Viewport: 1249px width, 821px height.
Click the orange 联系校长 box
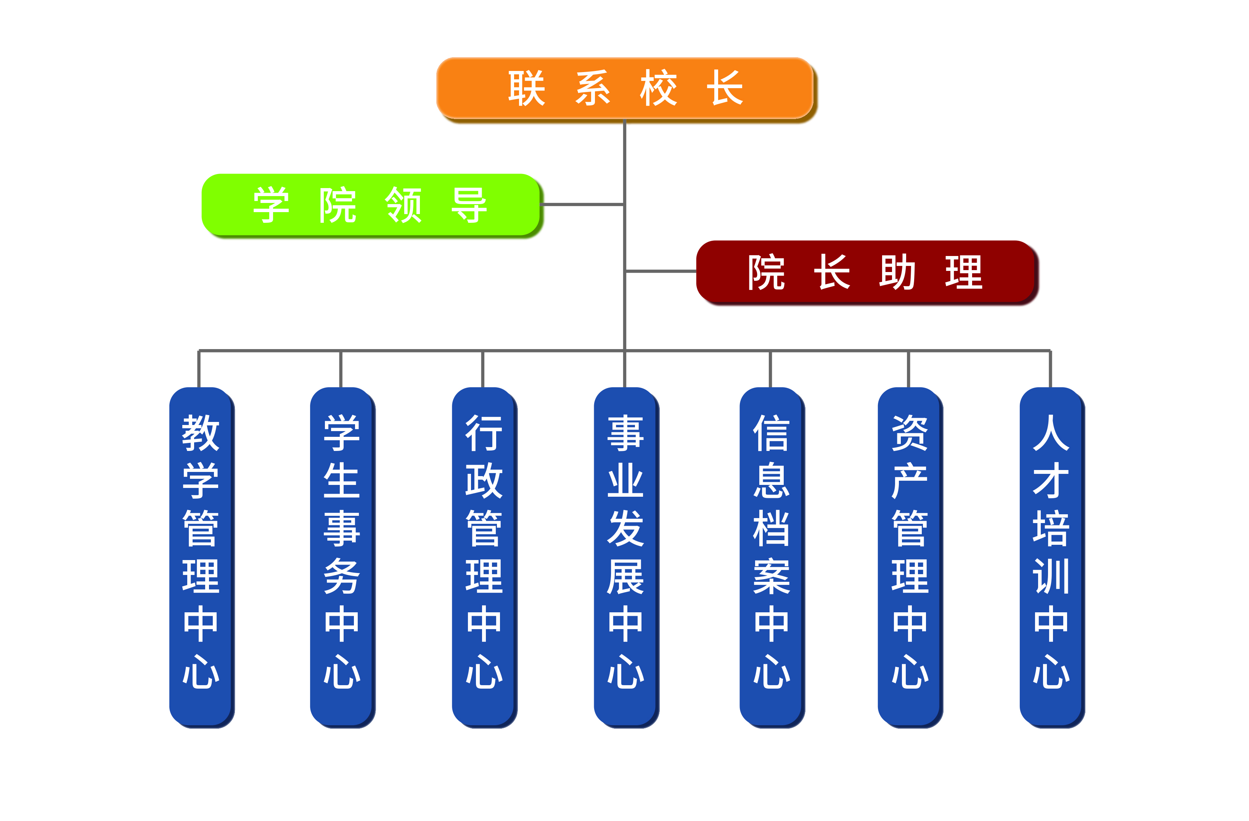[625, 88]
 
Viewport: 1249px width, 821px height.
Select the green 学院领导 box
[370, 205]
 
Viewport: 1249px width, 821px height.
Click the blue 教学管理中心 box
[201, 557]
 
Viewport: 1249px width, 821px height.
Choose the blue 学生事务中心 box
[342, 557]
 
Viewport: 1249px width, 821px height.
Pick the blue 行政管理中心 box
[483, 557]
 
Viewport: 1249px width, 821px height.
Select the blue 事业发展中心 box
[625, 557]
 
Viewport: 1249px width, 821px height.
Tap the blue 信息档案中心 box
[771, 557]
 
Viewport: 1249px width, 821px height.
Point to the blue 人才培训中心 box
[1051, 557]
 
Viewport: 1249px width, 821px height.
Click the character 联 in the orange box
[526, 88]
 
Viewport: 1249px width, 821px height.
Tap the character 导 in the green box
[469, 205]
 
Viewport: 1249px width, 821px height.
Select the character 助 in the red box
[897, 272]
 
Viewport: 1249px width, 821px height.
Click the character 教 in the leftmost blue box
[201, 433]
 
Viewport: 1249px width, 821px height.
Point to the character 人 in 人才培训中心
[1051, 433]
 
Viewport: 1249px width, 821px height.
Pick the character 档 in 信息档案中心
[771, 529]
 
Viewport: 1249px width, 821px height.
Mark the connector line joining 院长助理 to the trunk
[661, 271]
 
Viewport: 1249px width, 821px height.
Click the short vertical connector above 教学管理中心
[199, 369]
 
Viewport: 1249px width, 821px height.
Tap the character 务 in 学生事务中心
[342, 576]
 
